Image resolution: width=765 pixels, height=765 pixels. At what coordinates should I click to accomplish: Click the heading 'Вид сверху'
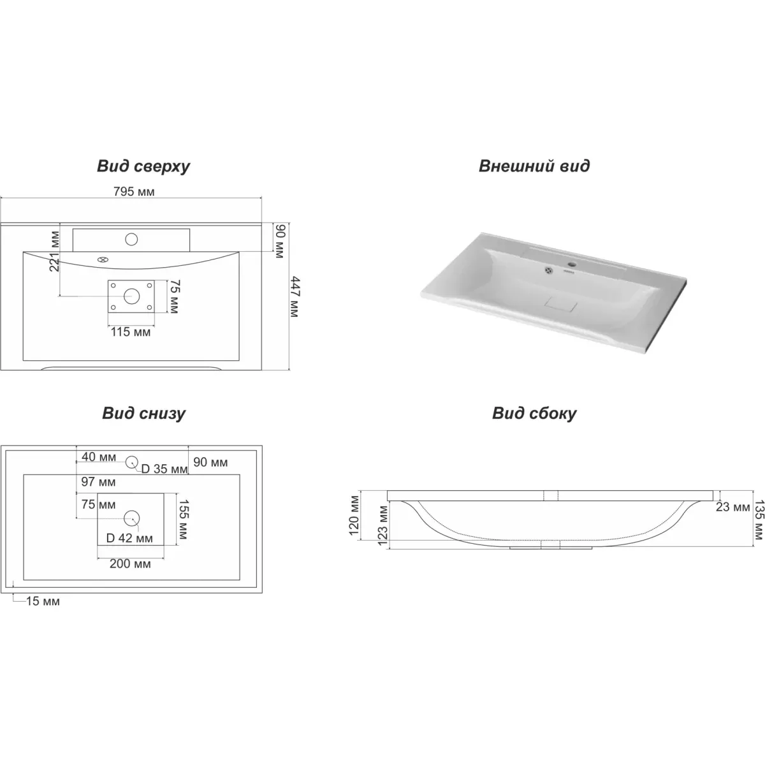coord(143,166)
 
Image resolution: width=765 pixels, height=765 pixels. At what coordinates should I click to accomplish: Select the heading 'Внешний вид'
coord(534,166)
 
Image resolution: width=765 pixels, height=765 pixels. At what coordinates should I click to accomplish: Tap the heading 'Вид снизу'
coord(143,413)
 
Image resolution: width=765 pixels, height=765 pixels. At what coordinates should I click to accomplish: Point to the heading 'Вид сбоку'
coord(534,413)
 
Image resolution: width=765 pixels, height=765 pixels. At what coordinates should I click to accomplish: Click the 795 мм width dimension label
coord(134,192)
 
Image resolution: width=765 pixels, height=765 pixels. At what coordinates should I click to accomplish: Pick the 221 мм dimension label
coord(54,251)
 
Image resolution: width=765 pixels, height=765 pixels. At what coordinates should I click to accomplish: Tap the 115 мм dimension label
coord(131,332)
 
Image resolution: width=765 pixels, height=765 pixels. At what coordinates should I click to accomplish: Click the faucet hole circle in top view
coord(131,240)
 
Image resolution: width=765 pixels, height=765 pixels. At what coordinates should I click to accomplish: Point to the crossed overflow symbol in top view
coord(103,260)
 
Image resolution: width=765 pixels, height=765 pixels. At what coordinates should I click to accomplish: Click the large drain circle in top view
coord(131,296)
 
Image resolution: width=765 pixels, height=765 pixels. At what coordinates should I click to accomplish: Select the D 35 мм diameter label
coord(164,469)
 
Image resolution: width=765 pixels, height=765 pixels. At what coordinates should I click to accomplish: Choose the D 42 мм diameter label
coord(129,538)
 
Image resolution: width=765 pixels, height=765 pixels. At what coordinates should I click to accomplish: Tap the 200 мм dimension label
coord(130,564)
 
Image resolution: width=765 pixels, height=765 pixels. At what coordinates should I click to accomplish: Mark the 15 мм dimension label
coord(43,601)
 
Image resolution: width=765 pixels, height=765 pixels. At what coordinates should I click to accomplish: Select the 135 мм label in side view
coord(759,520)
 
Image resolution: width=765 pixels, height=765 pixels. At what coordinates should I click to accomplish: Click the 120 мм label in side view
coord(354,515)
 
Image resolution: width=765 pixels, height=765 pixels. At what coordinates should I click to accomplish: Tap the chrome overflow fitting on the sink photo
coord(549,270)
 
